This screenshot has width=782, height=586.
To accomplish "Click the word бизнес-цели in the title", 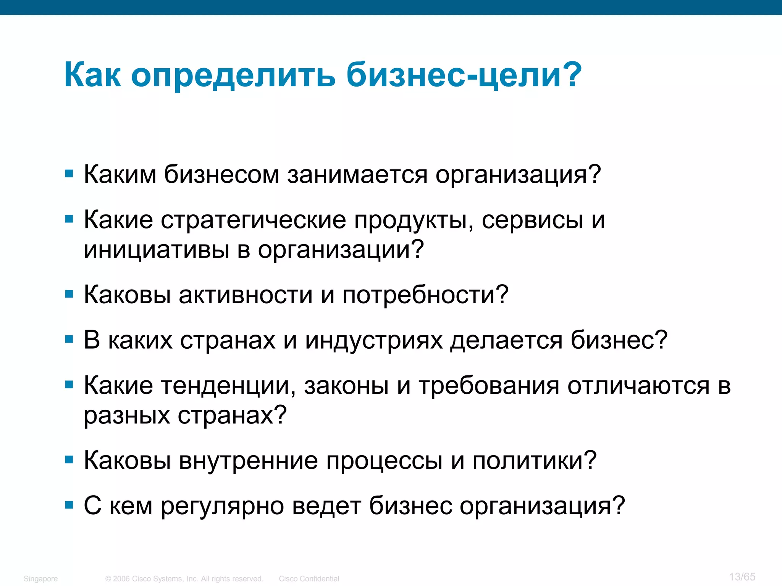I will point(464,75).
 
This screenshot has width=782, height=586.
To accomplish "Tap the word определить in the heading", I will point(233,75).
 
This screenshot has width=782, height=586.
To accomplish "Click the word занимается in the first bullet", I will point(357,175).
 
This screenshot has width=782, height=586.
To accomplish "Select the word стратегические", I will point(253,220).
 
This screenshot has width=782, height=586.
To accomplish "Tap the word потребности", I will point(425,295).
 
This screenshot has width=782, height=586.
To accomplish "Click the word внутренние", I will point(248,460).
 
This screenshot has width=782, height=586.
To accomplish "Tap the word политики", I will point(534,460).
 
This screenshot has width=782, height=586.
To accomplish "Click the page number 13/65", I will point(742,576).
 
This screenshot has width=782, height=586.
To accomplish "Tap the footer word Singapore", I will point(40,579).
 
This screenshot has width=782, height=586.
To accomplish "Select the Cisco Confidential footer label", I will point(309,579).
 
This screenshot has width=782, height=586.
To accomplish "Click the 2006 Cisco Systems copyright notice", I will point(184,579).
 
